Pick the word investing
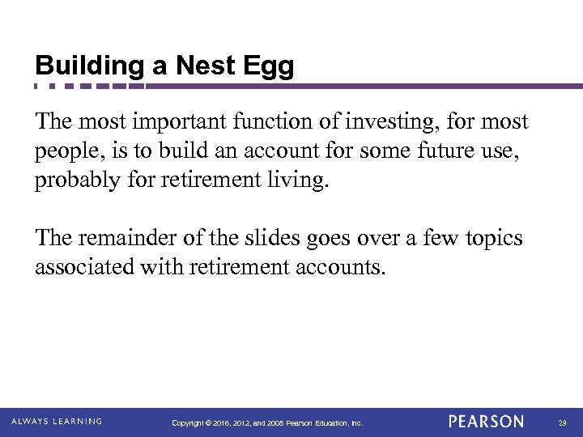[x=385, y=122]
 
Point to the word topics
[x=491, y=239]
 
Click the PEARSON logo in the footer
[x=486, y=422]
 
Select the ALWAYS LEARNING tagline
[x=57, y=422]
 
